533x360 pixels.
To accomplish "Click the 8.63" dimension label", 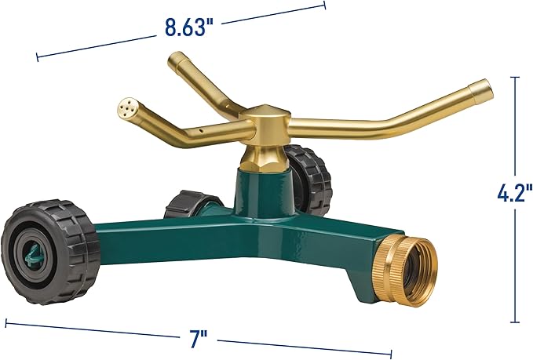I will pyautogui.click(x=189, y=27).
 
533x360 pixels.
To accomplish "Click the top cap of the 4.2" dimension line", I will pyautogui.click(x=514, y=77).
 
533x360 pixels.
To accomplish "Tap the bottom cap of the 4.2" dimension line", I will pyautogui.click(x=514, y=322).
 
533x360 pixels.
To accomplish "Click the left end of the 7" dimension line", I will pyautogui.click(x=6, y=322).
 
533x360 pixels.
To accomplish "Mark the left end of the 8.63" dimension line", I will pyautogui.click(x=37, y=56).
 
